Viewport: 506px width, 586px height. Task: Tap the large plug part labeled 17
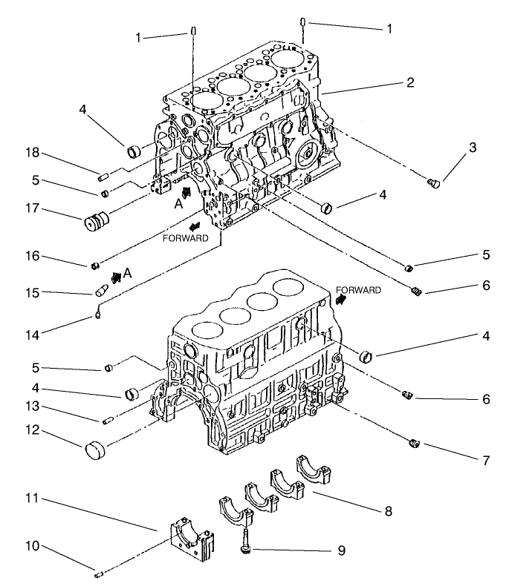coord(95,223)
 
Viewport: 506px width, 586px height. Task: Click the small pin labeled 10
coord(99,572)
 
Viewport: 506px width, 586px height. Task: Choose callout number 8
coord(387,511)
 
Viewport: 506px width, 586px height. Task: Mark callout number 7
coord(485,461)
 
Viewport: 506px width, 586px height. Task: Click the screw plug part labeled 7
coord(415,444)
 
